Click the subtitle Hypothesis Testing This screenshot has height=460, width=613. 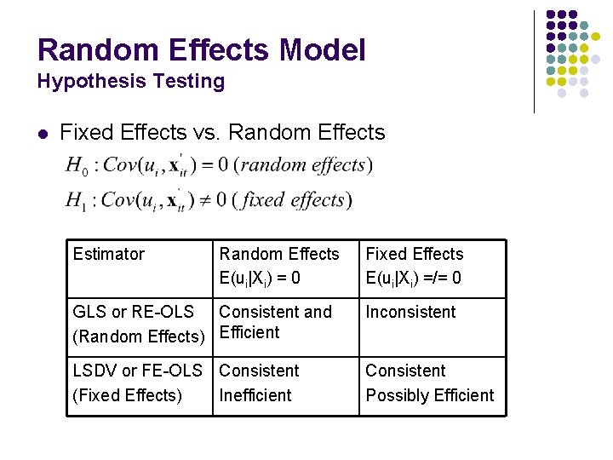click(130, 82)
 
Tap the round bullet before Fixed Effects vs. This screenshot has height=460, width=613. click(43, 134)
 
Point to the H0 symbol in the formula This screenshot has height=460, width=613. click(76, 166)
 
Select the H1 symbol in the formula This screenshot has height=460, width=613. click(76, 201)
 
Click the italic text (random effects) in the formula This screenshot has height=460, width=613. click(301, 164)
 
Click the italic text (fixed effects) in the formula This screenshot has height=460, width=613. click(291, 200)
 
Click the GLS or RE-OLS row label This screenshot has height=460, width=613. click(139, 324)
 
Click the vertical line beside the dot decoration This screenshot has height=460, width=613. click(534, 61)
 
